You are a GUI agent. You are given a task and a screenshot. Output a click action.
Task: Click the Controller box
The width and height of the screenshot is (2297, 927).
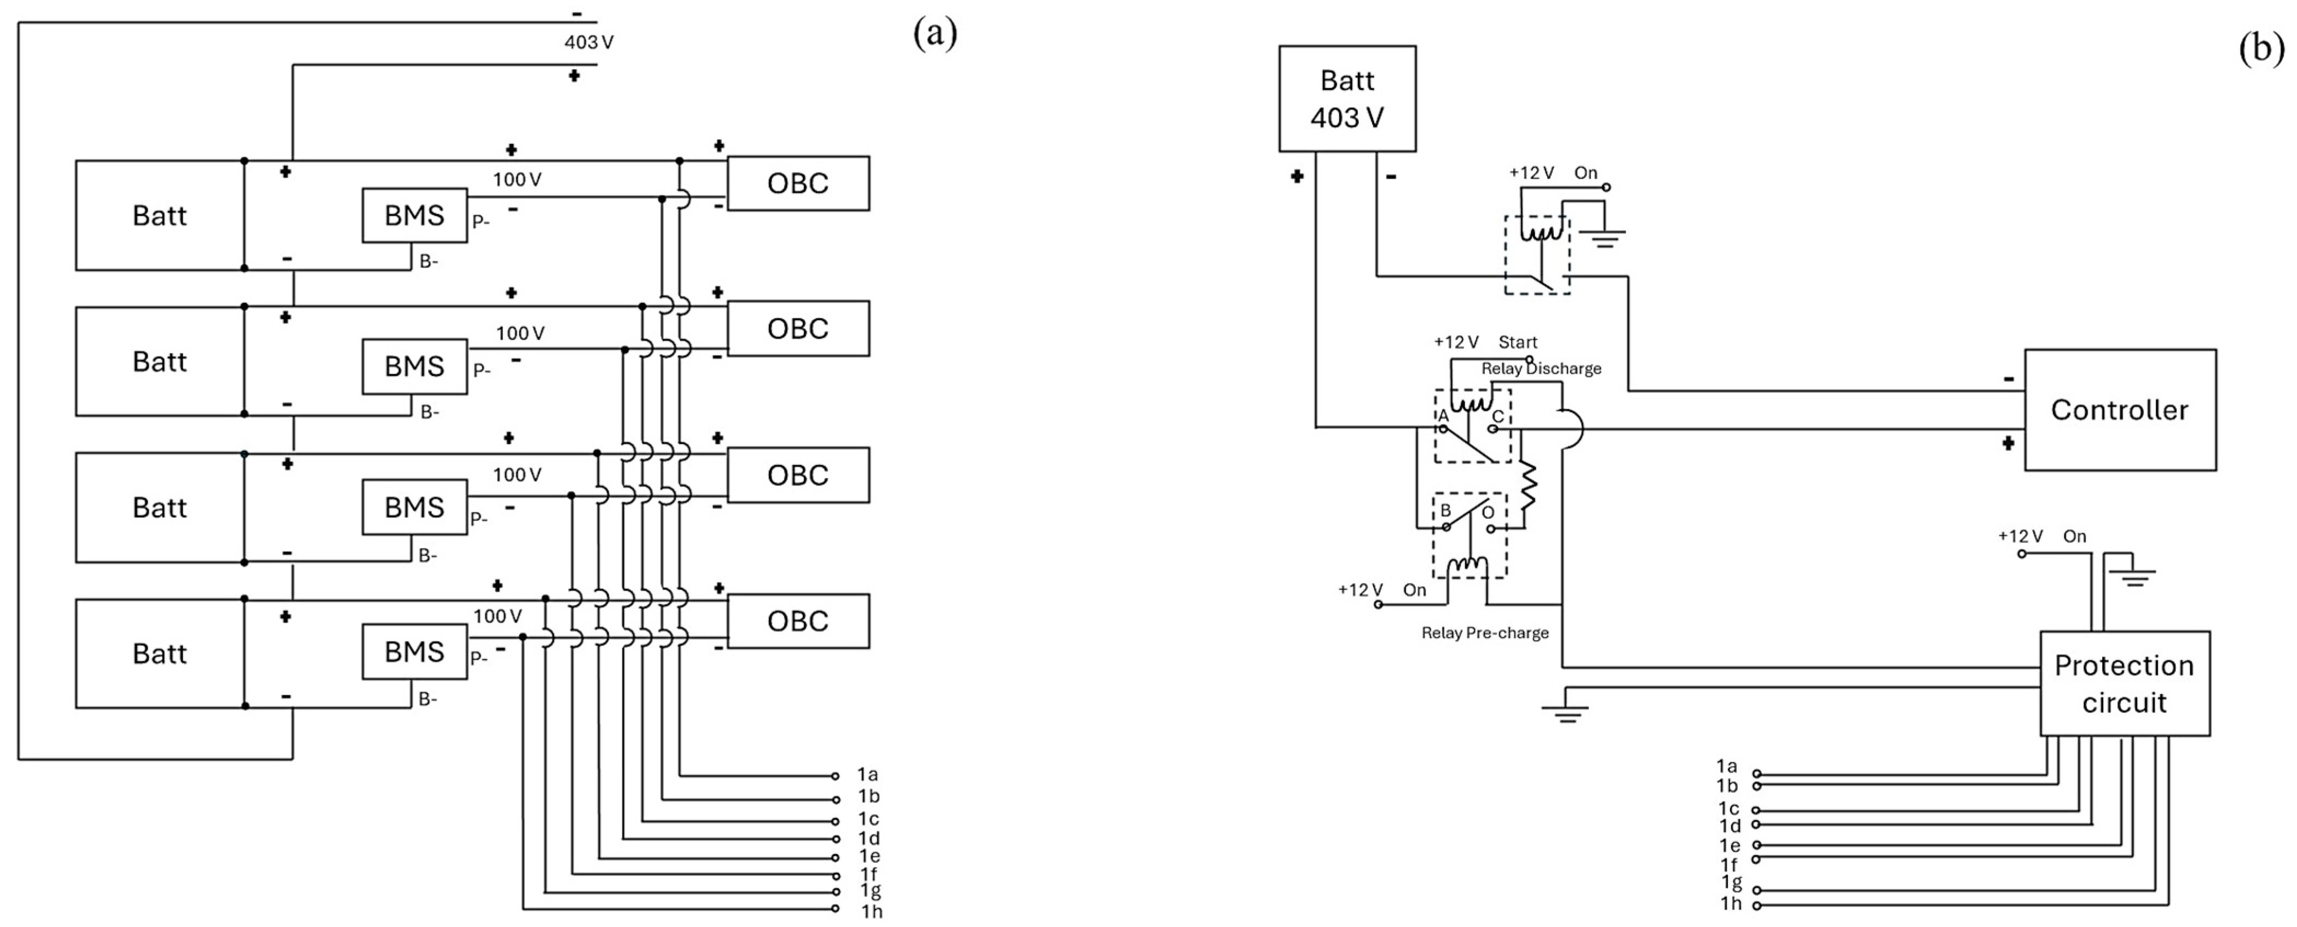point(2120,410)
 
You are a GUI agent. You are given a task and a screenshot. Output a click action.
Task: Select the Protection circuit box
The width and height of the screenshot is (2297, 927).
point(2124,683)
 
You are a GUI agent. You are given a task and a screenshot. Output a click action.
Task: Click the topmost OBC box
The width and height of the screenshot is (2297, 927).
point(798,184)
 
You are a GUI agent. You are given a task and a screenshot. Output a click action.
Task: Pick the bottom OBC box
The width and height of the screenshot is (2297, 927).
point(798,621)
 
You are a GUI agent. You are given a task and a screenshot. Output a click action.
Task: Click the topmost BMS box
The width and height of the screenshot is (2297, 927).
point(414,215)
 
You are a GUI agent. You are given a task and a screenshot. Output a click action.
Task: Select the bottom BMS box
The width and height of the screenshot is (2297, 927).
point(414,651)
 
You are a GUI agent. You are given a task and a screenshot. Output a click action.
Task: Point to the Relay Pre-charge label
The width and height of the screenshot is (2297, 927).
point(1485,633)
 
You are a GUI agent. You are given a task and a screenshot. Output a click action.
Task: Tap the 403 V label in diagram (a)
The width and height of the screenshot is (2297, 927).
point(588,42)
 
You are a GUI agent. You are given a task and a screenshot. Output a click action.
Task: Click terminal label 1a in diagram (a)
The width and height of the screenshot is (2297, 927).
point(867,775)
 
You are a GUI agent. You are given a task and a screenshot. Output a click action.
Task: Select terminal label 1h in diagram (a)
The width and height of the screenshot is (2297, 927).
point(871,911)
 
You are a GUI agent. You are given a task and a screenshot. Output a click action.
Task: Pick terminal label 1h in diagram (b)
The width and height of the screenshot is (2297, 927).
point(1731,904)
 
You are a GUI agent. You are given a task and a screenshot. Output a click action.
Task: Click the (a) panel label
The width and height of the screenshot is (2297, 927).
point(934,34)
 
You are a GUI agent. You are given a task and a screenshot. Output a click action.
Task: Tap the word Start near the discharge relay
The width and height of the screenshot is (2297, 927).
point(1518,342)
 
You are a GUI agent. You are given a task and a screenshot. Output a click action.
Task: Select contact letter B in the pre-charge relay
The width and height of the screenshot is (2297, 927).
point(1445,510)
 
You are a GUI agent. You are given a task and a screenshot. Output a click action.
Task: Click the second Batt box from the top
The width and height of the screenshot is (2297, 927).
point(160,362)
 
